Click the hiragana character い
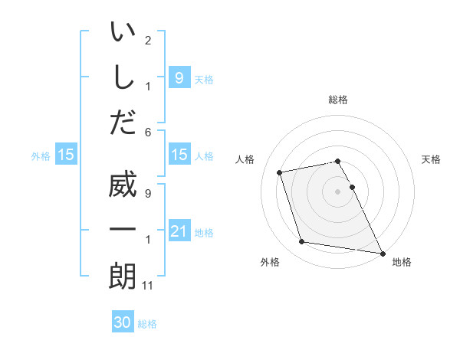[123, 34]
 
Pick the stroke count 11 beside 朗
[149, 286]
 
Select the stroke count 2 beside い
[148, 40]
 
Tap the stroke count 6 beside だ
[148, 131]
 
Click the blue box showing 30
[123, 323]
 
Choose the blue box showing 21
[179, 231]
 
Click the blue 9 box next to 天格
[179, 78]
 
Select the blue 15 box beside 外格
[66, 155]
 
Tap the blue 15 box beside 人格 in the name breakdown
[179, 155]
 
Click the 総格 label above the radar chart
[338, 100]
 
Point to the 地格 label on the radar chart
[402, 263]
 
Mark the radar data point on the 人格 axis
[280, 172]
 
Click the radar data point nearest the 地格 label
[382, 252]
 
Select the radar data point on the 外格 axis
[302, 242]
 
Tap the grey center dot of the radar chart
[338, 191]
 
